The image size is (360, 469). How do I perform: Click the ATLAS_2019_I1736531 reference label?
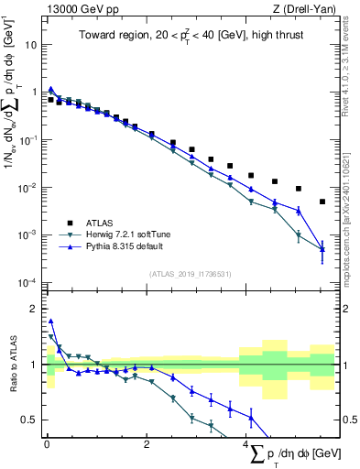coord(190,274)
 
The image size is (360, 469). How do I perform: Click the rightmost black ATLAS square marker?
coord(322,202)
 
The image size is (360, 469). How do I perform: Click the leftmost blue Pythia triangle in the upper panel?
coord(51,90)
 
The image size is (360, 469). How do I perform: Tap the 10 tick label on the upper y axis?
coord(31,44)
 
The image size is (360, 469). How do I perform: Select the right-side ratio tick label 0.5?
coord(350,420)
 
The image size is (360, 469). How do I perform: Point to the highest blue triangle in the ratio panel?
coord(51,322)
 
